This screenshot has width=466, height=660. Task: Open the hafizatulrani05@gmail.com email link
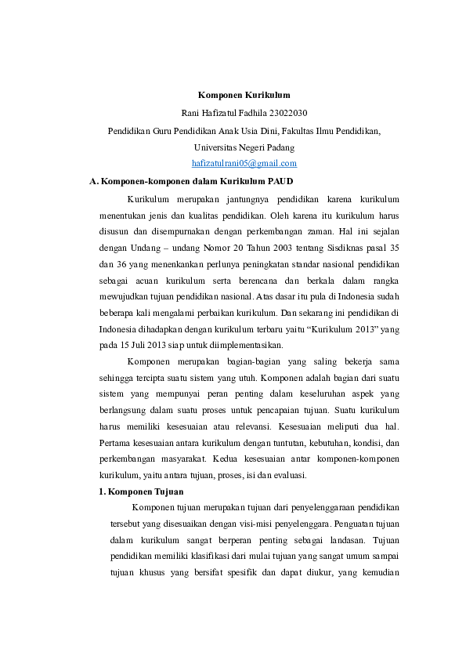(x=244, y=163)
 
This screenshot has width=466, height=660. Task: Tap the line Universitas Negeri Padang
(x=244, y=147)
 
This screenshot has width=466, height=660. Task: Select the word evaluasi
(x=287, y=475)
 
